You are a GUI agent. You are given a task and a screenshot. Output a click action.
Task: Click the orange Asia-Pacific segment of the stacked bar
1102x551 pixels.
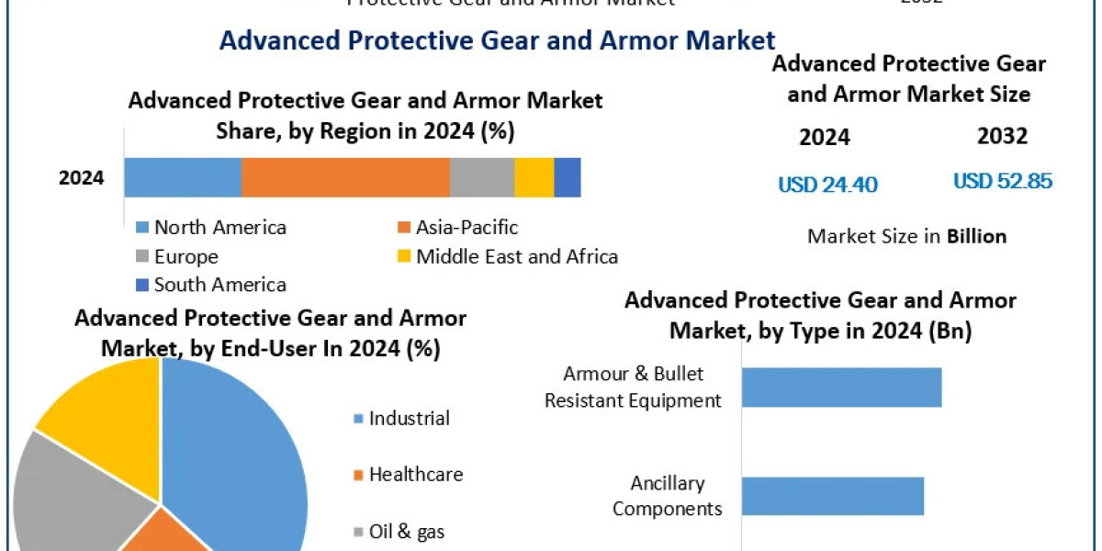pyautogui.click(x=345, y=177)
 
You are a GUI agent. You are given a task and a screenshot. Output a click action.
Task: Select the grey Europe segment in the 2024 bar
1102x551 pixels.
pyautogui.click(x=482, y=177)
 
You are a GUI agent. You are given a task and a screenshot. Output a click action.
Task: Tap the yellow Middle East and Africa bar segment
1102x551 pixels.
pyautogui.click(x=534, y=177)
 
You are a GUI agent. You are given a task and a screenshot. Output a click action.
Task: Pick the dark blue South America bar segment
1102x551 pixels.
pyautogui.click(x=568, y=177)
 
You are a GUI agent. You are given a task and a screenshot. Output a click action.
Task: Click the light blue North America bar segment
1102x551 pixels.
pyautogui.click(x=183, y=177)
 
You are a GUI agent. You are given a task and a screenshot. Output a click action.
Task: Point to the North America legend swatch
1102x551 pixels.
pyautogui.click(x=141, y=228)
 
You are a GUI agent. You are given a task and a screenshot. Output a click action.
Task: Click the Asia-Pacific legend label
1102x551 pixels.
pyautogui.click(x=467, y=227)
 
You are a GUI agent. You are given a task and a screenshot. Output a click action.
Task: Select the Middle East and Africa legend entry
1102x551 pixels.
pyautogui.click(x=516, y=256)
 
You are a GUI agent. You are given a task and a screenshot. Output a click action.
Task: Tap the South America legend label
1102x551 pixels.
pyautogui.click(x=219, y=285)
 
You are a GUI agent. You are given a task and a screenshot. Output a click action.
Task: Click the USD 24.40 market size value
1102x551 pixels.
pyautogui.click(x=827, y=185)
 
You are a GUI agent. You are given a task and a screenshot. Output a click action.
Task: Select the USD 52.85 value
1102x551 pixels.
pyautogui.click(x=1003, y=181)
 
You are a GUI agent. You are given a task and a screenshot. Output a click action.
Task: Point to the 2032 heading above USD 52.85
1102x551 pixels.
pyautogui.click(x=1002, y=137)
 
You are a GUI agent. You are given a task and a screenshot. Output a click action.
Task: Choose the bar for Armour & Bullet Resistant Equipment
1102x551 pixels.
pyautogui.click(x=841, y=387)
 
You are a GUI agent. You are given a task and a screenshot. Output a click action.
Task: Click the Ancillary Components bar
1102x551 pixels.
pyautogui.click(x=832, y=496)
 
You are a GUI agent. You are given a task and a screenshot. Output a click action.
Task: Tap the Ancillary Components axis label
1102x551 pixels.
pyautogui.click(x=667, y=496)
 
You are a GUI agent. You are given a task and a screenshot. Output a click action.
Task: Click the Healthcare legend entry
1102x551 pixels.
pyautogui.click(x=415, y=475)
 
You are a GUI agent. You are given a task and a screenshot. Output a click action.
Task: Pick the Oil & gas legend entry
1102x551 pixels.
pyautogui.click(x=407, y=531)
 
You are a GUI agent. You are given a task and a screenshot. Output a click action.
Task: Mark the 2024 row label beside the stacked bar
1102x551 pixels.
pyautogui.click(x=82, y=178)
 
